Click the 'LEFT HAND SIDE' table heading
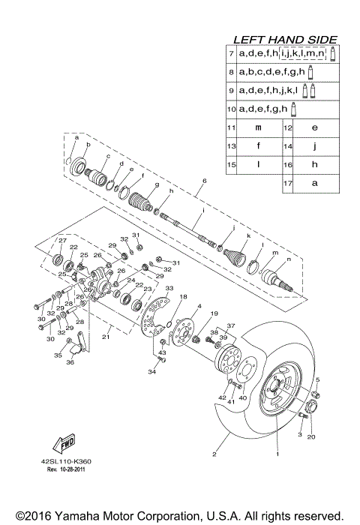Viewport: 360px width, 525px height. tap(284, 40)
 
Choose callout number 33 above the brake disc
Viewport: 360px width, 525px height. tap(169, 289)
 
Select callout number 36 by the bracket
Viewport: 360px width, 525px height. tap(70, 362)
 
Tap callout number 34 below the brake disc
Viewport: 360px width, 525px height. tap(151, 371)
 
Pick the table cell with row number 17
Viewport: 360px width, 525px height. tap(287, 182)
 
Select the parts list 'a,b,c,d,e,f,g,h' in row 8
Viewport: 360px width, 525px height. tap(271, 73)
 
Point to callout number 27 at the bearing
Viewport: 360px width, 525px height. tap(62, 241)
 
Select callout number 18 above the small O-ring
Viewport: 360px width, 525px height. tap(182, 298)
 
